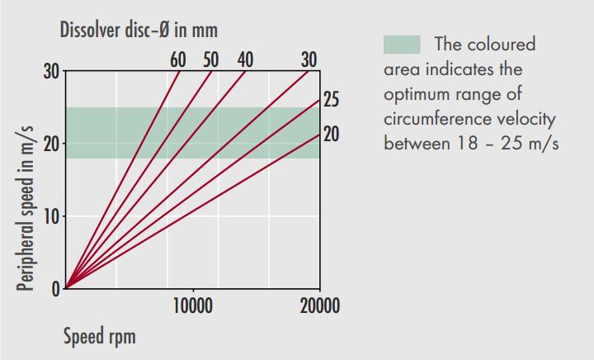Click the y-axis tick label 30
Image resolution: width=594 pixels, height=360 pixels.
[51, 71]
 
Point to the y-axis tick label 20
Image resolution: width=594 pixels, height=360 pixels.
[51, 144]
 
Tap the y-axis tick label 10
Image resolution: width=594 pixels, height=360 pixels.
[51, 216]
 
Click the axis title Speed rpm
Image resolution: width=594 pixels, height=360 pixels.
[99, 337]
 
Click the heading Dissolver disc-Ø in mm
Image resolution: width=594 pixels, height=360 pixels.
[139, 31]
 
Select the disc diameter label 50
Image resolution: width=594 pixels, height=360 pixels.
[211, 59]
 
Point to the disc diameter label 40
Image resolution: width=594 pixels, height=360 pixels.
[245, 59]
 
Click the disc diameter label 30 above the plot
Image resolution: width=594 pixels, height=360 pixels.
[309, 59]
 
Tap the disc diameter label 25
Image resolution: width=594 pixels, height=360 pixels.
[331, 100]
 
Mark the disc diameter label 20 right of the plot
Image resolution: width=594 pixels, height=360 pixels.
[331, 133]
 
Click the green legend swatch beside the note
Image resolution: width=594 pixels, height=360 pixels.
[402, 44]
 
